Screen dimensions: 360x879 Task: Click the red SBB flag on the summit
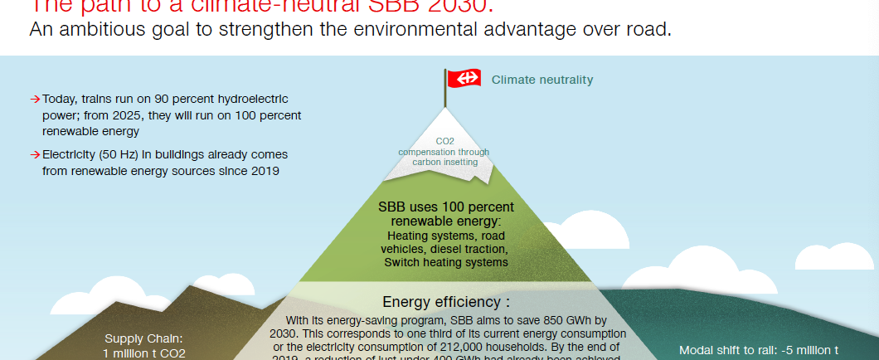pos(464,78)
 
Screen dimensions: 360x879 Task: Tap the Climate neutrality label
pos(542,80)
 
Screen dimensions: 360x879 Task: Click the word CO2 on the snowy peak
pos(444,142)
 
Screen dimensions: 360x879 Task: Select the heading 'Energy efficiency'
pos(445,302)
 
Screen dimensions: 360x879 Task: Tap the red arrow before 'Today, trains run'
pos(35,99)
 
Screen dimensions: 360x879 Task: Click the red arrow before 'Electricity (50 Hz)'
pos(35,155)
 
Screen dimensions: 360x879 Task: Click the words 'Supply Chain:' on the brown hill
pos(143,338)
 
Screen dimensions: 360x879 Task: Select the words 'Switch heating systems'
pos(446,262)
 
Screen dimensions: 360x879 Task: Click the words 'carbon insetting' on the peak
pos(445,162)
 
